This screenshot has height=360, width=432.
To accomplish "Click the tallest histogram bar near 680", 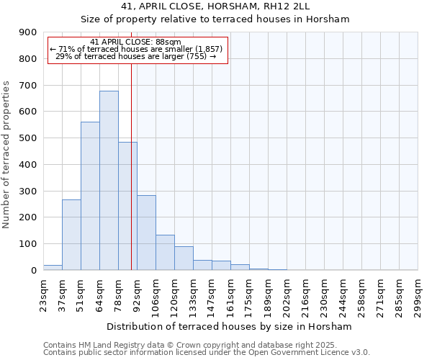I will (x=109, y=180).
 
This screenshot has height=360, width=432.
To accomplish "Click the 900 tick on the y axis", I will (x=28, y=32).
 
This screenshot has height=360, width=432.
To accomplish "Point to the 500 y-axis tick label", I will (x=28, y=138).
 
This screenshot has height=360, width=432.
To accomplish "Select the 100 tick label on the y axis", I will (x=28, y=244).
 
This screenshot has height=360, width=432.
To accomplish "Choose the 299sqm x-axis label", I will (x=418, y=294).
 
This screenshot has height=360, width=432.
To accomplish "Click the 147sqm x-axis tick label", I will (x=212, y=294).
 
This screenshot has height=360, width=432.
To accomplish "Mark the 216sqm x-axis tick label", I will (x=305, y=294).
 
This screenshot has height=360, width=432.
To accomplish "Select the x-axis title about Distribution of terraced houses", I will (x=230, y=326).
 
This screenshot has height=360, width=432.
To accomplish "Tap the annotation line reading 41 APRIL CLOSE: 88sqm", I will (x=136, y=42).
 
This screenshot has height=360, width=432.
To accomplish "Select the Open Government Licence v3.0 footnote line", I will (x=207, y=353).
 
